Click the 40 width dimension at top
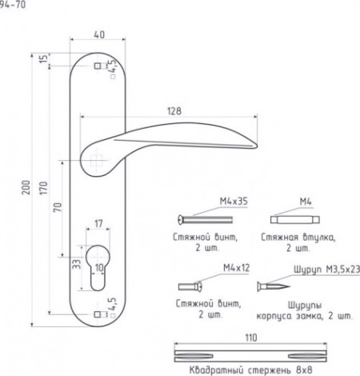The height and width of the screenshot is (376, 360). tap(99, 34)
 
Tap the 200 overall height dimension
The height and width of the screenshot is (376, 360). tap(26, 187)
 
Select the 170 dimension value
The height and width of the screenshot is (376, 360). tap(43, 188)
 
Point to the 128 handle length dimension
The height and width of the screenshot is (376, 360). tap(174, 111)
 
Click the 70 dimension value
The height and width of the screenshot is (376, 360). tap(58, 207)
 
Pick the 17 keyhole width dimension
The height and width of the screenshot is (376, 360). tap(98, 223)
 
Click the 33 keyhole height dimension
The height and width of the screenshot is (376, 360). tap(77, 264)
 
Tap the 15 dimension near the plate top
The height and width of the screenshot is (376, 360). tap(43, 58)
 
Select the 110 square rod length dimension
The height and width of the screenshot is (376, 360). tap(251, 338)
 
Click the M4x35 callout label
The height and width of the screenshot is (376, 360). tap(234, 201)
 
